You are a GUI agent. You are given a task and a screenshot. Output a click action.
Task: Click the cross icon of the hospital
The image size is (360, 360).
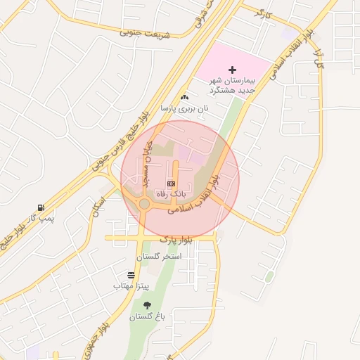[233, 70]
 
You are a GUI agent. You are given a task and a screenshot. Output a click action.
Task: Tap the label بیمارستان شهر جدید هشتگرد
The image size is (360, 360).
[233, 85]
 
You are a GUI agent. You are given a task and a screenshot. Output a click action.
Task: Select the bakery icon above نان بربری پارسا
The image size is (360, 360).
[184, 97]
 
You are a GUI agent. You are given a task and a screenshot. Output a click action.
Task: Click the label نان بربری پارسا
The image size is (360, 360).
[184, 109]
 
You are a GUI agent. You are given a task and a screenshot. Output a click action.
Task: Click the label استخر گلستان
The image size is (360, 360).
[161, 257]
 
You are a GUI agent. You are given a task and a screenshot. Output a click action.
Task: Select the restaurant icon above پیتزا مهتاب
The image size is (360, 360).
[131, 275]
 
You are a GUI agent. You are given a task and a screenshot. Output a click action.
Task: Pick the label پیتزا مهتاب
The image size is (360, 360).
[131, 286]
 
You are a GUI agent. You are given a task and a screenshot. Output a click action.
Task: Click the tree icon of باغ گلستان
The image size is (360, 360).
[147, 305]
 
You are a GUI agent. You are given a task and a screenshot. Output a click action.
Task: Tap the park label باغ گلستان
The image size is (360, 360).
[146, 317]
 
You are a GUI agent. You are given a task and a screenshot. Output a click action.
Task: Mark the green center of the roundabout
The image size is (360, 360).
[144, 204]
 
